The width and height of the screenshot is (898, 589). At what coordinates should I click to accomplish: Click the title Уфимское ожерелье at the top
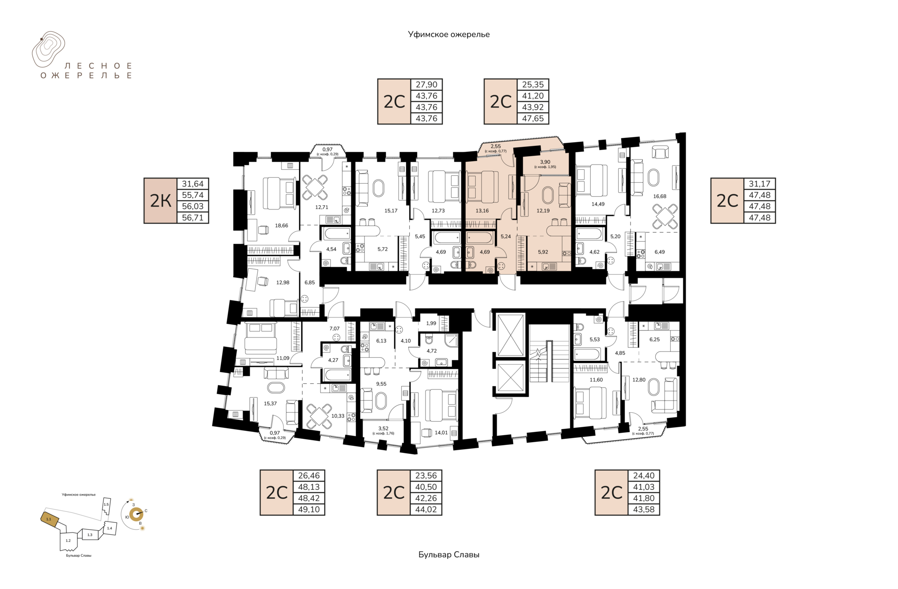click(449, 35)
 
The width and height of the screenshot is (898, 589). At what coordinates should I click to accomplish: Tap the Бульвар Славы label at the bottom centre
click(449, 555)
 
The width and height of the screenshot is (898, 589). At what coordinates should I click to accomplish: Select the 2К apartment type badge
click(160, 201)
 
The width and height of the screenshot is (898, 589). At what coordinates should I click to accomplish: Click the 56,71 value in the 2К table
click(193, 217)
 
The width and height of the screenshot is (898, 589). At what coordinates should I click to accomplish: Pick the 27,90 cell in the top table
click(427, 85)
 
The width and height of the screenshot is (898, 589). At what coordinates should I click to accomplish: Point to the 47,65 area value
click(533, 118)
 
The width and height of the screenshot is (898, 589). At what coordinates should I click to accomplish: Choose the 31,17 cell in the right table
click(760, 184)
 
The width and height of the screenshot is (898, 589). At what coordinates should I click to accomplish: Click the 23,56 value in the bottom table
click(426, 475)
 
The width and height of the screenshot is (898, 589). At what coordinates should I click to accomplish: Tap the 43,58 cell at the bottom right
click(644, 510)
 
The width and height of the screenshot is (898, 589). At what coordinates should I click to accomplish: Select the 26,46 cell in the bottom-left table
click(309, 475)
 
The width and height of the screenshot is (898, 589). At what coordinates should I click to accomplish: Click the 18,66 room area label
click(282, 226)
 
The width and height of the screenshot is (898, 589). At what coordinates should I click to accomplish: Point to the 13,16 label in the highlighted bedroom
click(482, 211)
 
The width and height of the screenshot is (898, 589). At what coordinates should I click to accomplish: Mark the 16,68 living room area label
click(660, 196)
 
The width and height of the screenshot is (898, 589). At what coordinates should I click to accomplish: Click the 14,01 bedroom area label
click(441, 433)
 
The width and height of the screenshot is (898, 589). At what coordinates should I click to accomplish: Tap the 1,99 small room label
click(431, 323)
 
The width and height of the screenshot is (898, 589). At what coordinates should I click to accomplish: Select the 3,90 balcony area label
click(545, 162)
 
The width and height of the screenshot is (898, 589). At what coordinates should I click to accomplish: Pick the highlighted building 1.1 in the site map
click(49, 519)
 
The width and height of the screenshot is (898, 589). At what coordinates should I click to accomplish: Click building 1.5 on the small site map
click(107, 505)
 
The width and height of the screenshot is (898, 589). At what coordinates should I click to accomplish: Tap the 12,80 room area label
click(639, 380)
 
